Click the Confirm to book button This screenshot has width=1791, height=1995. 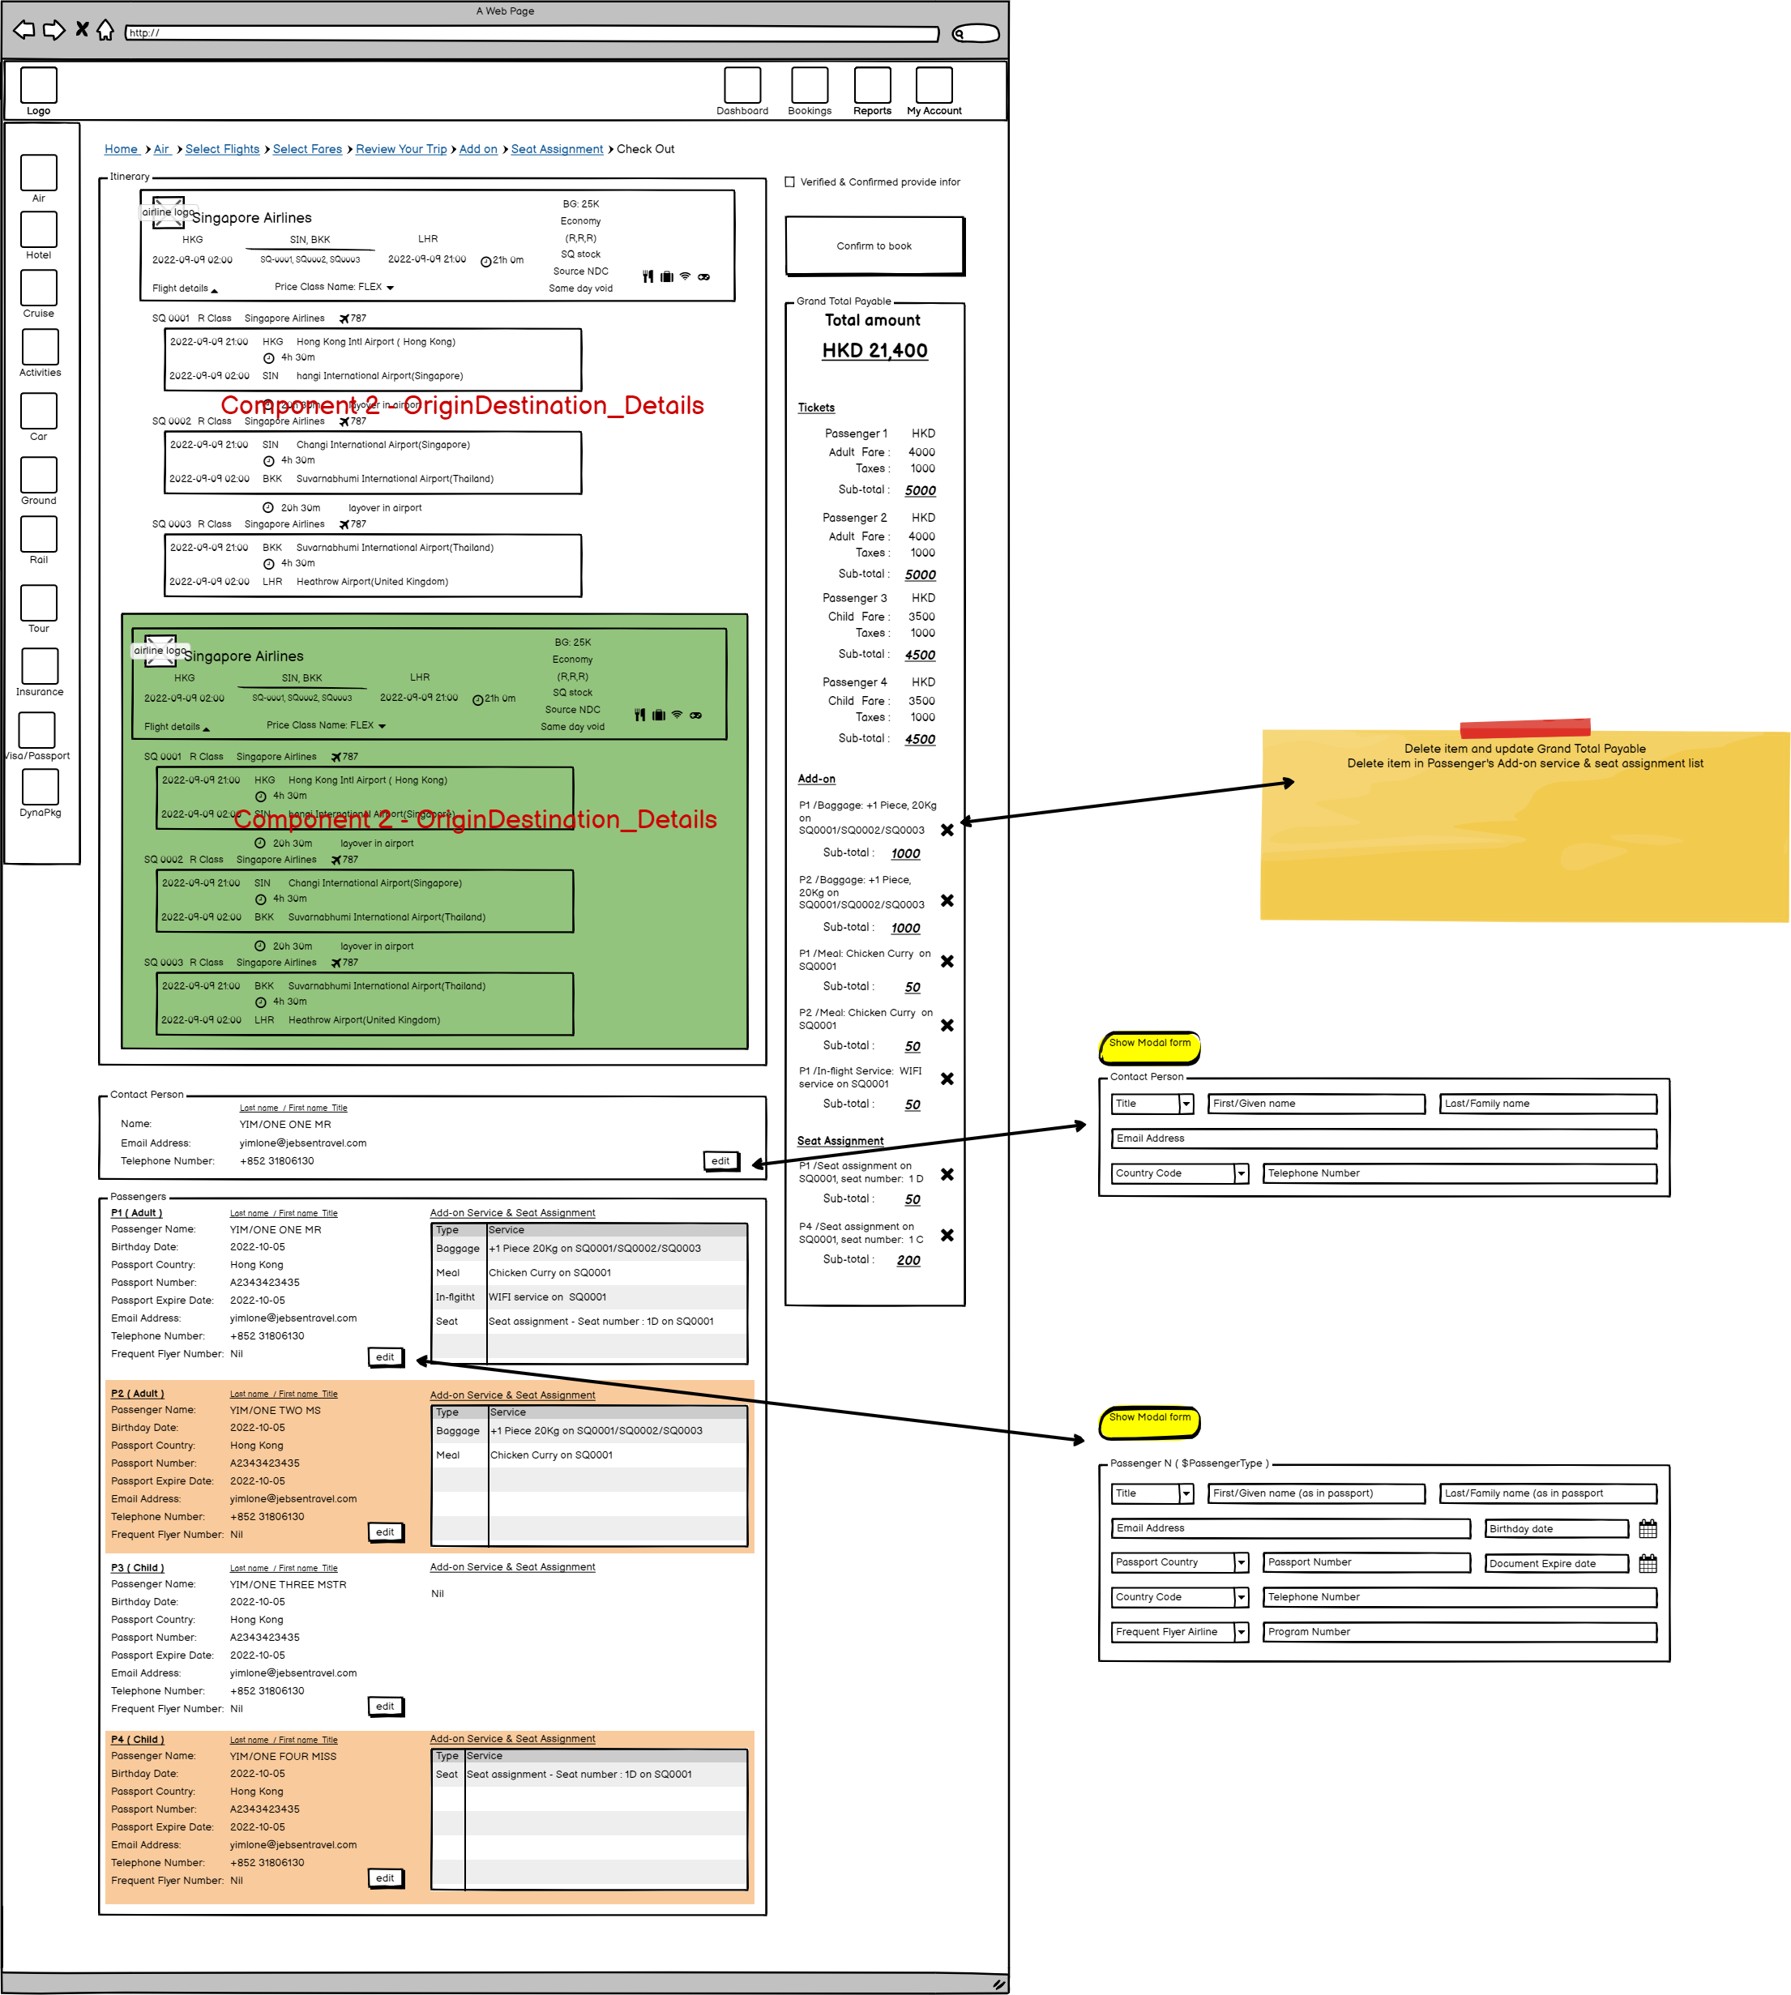[874, 246]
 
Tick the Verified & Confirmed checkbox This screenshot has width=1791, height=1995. [789, 182]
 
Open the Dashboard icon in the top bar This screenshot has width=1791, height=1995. [742, 86]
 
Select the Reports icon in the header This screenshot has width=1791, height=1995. [872, 86]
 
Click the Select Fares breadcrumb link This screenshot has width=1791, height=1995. [307, 150]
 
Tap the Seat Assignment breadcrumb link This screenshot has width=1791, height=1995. [557, 150]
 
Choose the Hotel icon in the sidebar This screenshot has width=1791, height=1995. [38, 230]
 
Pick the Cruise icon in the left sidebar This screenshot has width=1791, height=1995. [38, 288]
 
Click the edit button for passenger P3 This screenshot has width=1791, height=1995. [385, 1707]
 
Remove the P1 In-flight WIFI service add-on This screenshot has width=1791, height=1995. [947, 1079]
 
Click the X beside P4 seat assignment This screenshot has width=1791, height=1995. [947, 1236]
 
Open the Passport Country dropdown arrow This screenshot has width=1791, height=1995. [1241, 1562]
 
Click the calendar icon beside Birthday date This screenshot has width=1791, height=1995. [1648, 1529]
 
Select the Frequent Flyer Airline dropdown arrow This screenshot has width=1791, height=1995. [1241, 1632]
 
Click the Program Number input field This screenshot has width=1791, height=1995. [1459, 1632]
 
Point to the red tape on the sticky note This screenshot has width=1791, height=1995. [1524, 728]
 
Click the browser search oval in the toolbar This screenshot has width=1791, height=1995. [975, 33]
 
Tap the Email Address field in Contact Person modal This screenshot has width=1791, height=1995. [1383, 1138]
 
